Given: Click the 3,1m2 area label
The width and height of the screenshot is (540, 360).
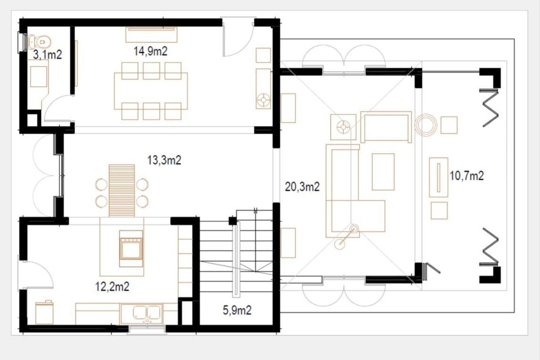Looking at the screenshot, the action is click(x=47, y=55).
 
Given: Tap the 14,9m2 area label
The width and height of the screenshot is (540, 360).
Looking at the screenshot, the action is click(x=150, y=51).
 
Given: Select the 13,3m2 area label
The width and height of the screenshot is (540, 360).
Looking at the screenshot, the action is click(x=164, y=160).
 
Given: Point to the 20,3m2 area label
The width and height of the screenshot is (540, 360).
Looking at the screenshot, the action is click(x=302, y=187).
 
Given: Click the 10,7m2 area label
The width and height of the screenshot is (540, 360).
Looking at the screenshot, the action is click(x=467, y=176).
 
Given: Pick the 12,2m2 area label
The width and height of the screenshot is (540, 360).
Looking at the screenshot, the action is click(x=112, y=287).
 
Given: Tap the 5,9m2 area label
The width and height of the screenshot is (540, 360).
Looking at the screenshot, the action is click(x=237, y=310).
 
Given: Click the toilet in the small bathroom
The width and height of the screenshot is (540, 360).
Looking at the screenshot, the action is click(x=40, y=42).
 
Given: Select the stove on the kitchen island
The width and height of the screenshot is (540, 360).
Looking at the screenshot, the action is click(x=131, y=248).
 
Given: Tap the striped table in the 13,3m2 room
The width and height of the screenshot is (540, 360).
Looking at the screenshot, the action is click(x=122, y=190).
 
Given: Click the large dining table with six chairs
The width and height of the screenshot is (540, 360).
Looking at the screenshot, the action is click(x=151, y=91).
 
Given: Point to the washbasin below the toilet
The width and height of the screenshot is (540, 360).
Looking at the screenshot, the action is click(x=39, y=76).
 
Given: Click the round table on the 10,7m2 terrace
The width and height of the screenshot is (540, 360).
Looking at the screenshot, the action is click(x=426, y=125).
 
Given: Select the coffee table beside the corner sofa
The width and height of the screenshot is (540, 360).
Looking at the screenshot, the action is click(x=383, y=172).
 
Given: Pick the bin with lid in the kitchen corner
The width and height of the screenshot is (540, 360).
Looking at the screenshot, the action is click(x=45, y=312).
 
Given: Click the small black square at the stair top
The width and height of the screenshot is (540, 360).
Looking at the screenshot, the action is click(x=232, y=221).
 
